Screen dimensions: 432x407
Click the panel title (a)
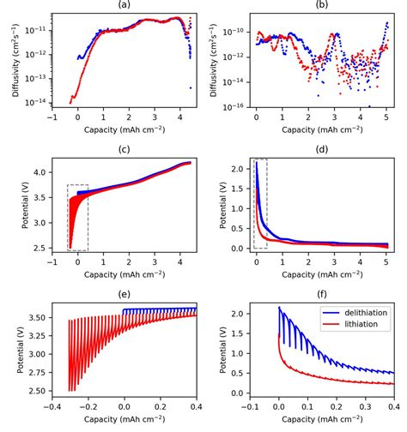point(124,5)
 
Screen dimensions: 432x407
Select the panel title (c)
point(124,151)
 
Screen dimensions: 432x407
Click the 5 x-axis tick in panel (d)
point(386,261)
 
